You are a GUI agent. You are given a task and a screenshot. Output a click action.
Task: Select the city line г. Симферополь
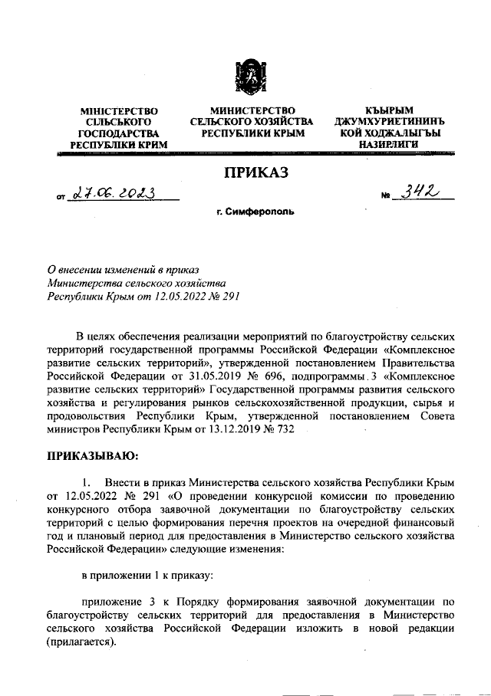pyautogui.click(x=254, y=211)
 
